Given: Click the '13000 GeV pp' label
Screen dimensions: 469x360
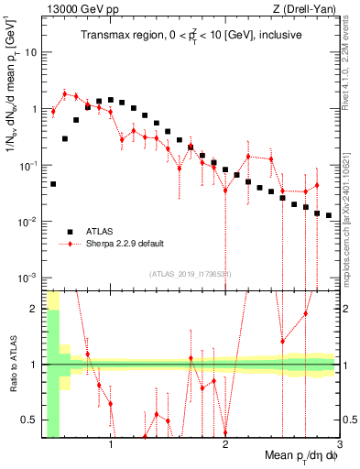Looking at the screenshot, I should point(75,9).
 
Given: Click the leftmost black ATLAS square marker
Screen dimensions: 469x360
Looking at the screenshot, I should point(53,184).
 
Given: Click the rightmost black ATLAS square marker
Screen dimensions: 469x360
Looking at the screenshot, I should point(329,215).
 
